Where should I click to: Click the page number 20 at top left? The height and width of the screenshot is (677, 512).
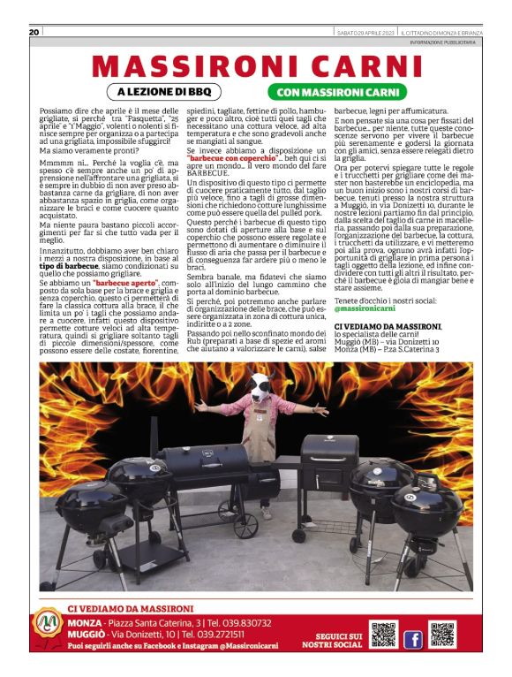click(34, 33)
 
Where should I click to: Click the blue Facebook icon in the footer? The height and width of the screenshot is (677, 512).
click(412, 638)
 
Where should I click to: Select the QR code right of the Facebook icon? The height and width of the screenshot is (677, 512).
click(441, 635)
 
